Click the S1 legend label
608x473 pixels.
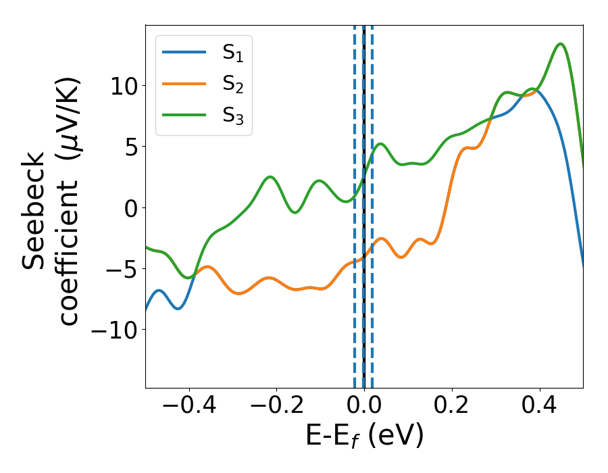coord(233,53)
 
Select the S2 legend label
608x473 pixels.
coord(233,84)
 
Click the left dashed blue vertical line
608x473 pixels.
coord(355,203)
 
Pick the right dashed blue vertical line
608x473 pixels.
coord(372,203)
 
